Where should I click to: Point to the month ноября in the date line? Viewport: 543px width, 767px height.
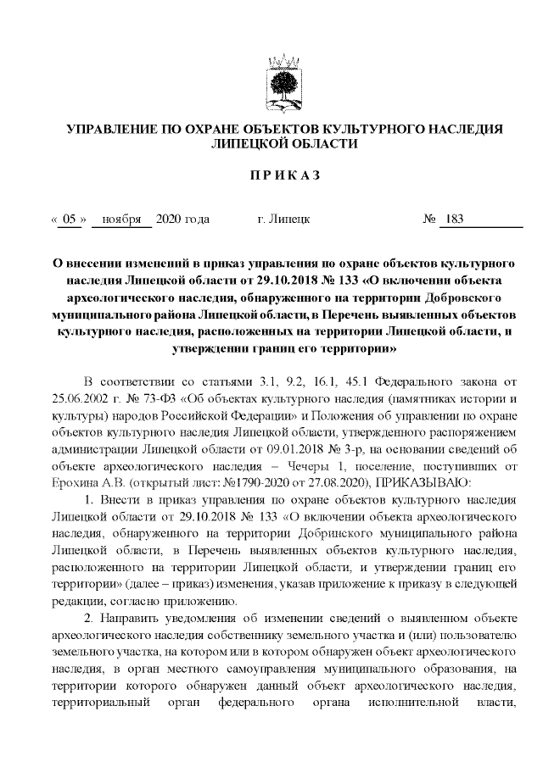pos(121,220)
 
